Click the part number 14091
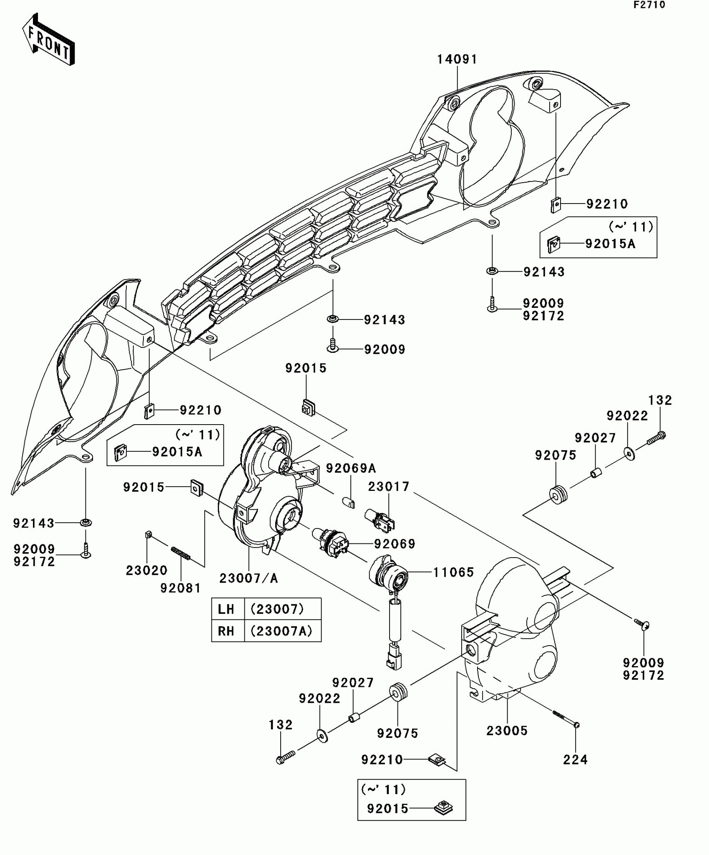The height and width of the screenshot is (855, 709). (457, 60)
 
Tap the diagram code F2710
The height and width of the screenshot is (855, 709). (649, 5)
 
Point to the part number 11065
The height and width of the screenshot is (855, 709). (453, 572)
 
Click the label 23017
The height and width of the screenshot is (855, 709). (389, 487)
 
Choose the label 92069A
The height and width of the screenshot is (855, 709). (351, 468)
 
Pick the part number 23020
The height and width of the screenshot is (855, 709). (146, 570)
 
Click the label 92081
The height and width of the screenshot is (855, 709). (181, 588)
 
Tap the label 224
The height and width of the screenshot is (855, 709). (576, 760)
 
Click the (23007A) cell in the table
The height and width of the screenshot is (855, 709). (282, 631)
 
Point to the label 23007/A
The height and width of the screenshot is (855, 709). (249, 578)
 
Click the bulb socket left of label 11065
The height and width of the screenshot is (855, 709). (388, 569)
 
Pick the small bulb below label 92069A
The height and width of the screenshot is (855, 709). (348, 502)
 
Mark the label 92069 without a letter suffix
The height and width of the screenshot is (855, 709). (394, 544)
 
